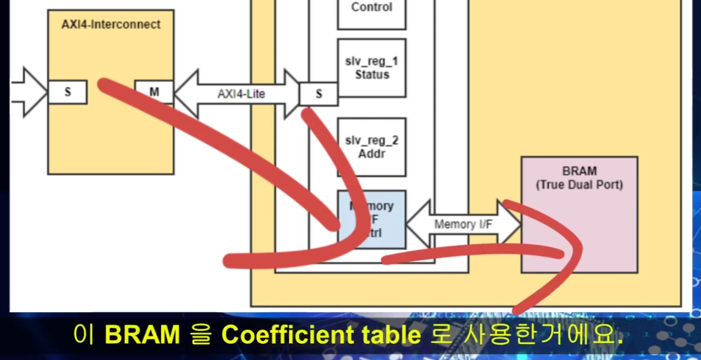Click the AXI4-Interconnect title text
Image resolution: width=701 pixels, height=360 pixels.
point(111,25)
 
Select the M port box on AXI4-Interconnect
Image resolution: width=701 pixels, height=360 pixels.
point(154,92)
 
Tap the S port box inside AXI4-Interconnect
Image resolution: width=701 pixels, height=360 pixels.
point(67,92)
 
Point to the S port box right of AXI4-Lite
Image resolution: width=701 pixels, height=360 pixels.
point(318,94)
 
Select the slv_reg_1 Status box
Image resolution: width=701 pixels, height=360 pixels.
point(371,68)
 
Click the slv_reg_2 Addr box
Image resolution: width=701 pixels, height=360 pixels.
point(371,147)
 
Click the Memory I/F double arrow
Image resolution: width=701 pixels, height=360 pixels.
point(463,224)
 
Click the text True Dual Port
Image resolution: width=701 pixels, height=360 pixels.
point(579,185)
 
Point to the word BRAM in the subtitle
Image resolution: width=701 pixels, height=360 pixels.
point(142,336)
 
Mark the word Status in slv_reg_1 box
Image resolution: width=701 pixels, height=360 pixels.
point(372,75)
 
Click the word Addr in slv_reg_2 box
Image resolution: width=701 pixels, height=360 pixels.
point(372,154)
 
